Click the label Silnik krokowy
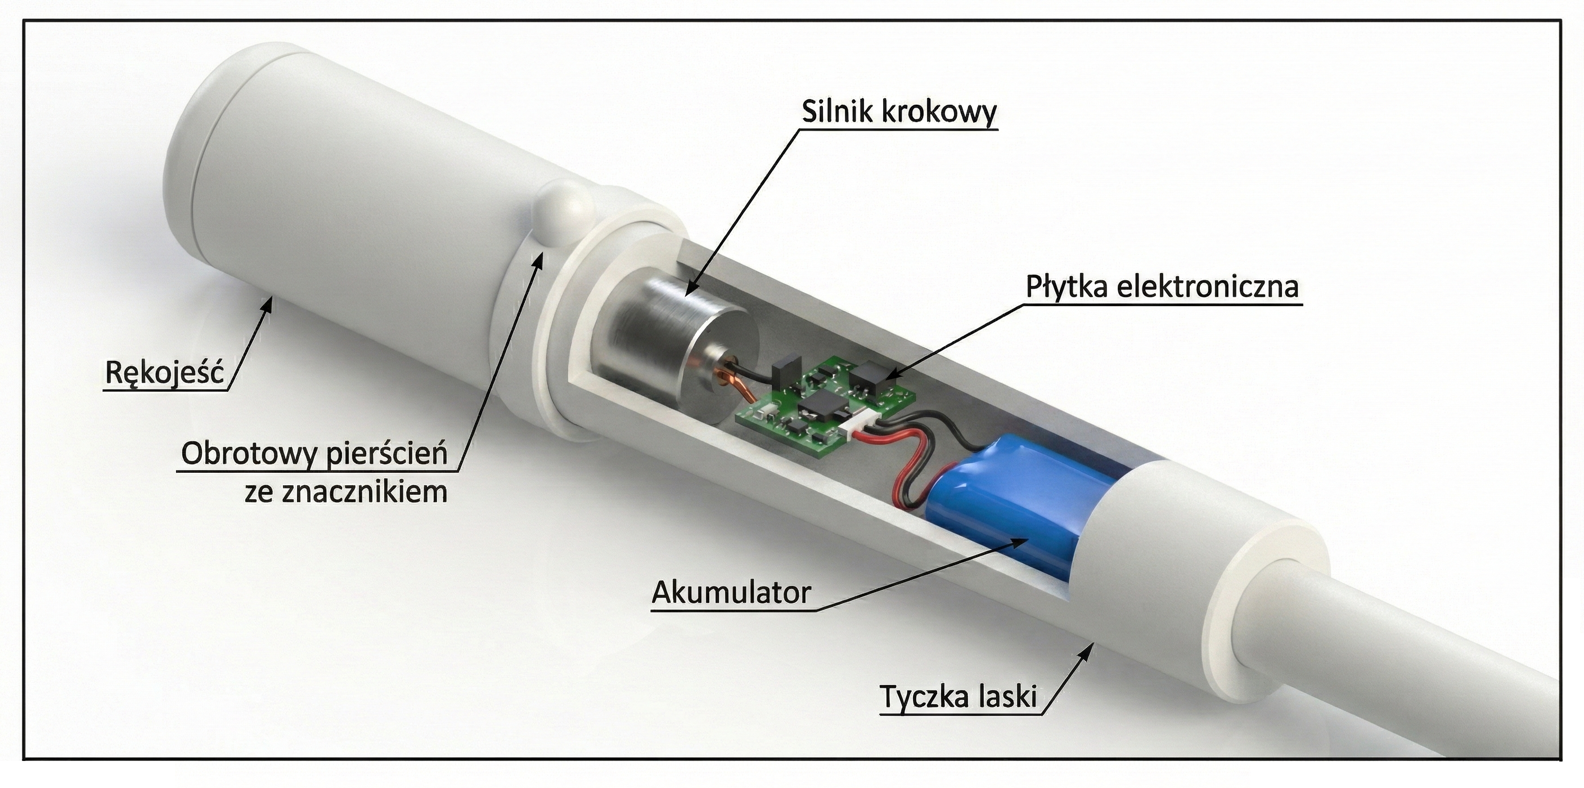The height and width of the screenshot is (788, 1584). click(x=899, y=112)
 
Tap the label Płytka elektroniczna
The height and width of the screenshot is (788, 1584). click(x=1162, y=287)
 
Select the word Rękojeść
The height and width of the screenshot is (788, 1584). click(x=165, y=373)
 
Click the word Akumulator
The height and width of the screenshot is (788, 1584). click(x=731, y=592)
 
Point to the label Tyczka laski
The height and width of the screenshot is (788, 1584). click(x=958, y=697)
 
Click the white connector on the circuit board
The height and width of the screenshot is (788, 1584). click(x=856, y=425)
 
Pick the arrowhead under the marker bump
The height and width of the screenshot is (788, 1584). click(x=541, y=259)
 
